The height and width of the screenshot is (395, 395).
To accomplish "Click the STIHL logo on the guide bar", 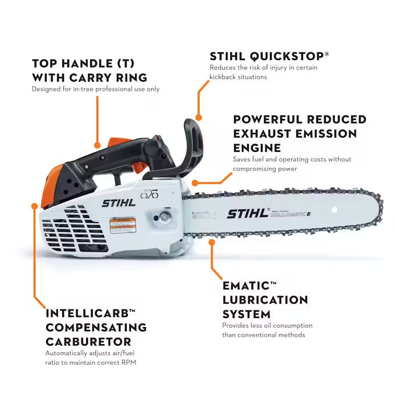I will tap(248, 213).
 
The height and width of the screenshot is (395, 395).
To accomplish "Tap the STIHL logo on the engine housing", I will tap(119, 203).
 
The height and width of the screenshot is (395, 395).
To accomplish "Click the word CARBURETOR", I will tap(88, 342).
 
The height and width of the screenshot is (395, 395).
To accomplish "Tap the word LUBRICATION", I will tap(265, 300).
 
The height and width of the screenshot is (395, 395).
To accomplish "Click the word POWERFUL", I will tap(267, 119).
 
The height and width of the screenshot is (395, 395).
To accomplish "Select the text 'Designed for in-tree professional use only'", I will tap(95, 89).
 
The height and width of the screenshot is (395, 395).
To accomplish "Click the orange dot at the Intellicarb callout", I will tap(35, 205).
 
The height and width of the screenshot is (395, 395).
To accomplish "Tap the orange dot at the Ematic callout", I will tap(212, 241).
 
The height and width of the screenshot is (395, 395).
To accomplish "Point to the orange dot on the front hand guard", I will tap(199, 118).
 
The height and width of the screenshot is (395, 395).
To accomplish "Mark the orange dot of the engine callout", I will tap(195, 183).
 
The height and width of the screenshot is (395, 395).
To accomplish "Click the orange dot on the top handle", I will tap(98, 146).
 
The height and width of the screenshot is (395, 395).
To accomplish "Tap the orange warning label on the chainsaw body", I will tap(122, 224).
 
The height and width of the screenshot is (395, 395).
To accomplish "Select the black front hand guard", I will tap(190, 146).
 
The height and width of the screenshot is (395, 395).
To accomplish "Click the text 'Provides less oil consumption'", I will tap(267, 325).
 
